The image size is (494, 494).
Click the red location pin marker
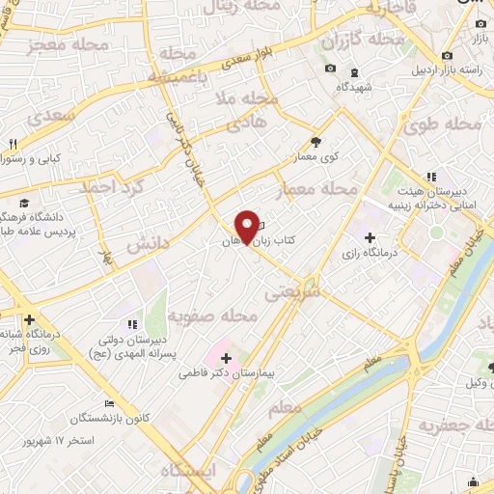pyautogui.click(x=249, y=228)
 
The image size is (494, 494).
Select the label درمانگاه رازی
pyautogui.click(x=369, y=253)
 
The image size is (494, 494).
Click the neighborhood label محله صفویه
pyautogui.click(x=212, y=316)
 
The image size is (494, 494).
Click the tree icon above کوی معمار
pyautogui.click(x=316, y=142)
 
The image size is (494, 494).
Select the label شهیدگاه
pyautogui.click(x=354, y=85)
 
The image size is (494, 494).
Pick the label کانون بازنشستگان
pyautogui.click(x=109, y=418)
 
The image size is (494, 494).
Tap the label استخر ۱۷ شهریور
pyautogui.click(x=59, y=441)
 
